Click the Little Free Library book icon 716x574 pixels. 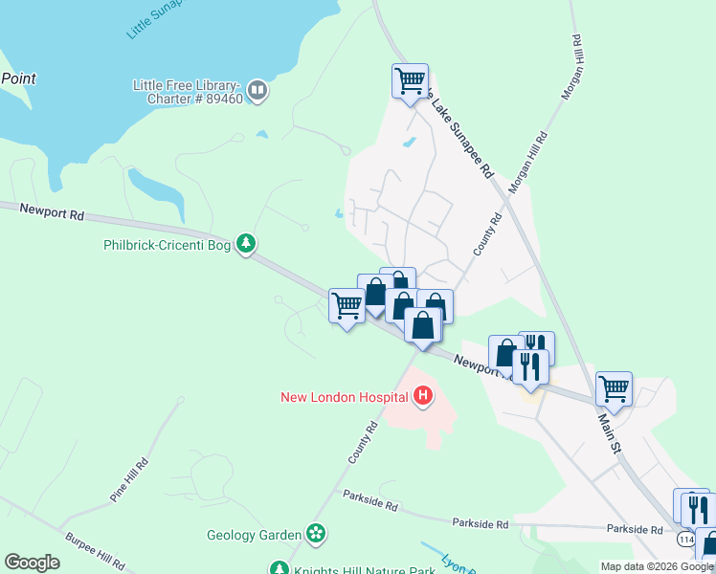(x=257, y=91)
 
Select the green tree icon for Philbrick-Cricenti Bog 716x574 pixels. (x=247, y=244)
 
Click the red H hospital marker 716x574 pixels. (x=422, y=396)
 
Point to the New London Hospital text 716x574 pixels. (x=344, y=397)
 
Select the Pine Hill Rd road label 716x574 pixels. (x=129, y=480)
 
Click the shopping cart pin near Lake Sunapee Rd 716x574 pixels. (x=410, y=80)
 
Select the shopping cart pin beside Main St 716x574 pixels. (x=613, y=388)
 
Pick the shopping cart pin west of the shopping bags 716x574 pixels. (x=347, y=306)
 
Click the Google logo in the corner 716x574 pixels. (x=32, y=563)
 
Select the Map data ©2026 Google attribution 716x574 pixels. (x=657, y=566)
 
